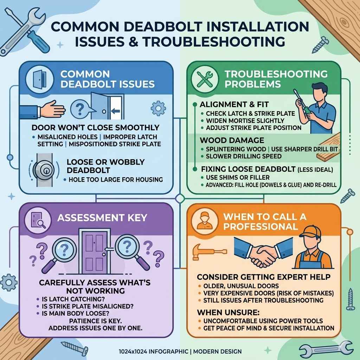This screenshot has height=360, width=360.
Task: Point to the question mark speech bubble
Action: (80, 107)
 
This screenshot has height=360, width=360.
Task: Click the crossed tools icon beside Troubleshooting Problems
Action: (204, 79)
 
